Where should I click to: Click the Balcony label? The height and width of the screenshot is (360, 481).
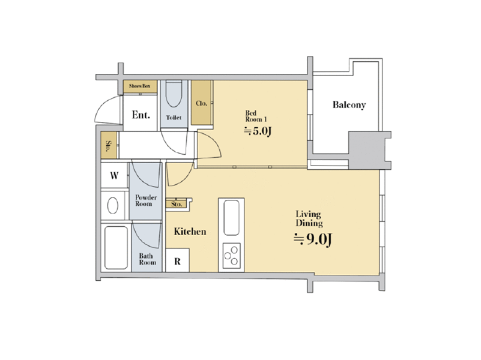[349, 105]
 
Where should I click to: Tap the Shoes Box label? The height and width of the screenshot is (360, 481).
[139, 86]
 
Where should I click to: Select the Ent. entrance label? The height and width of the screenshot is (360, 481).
[141, 115]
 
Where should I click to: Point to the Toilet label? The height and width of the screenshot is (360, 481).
[174, 118]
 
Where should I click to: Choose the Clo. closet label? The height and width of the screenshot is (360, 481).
[202, 103]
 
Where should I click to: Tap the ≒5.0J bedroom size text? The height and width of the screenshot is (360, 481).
[258, 131]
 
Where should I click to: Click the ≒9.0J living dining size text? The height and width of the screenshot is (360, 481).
[312, 239]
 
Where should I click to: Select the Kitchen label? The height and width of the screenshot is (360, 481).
[190, 232]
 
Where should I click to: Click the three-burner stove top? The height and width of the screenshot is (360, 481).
[231, 256]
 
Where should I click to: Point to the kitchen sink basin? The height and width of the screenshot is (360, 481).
[231, 218]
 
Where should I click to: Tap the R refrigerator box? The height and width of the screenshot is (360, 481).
[177, 260]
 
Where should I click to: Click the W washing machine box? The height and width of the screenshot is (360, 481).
[114, 175]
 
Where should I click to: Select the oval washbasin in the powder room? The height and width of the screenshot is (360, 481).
[112, 205]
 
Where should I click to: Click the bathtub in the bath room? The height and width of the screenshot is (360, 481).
[116, 248]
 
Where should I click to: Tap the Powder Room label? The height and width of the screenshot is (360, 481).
[146, 200]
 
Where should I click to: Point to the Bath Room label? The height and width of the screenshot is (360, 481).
[147, 259]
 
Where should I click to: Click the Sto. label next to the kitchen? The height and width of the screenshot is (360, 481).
[177, 204]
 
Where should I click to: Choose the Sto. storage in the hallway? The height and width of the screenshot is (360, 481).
[109, 145]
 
